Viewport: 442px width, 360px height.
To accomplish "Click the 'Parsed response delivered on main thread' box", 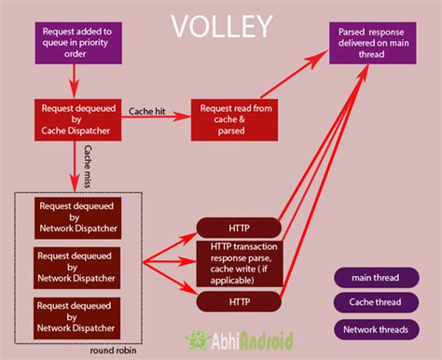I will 372,43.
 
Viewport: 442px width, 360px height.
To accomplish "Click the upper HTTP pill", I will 240,227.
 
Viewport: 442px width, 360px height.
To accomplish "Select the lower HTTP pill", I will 240,301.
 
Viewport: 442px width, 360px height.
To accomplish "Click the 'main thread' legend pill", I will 377,278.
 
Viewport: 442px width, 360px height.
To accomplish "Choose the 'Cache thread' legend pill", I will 377,303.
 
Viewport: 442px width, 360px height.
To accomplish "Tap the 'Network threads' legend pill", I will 377,329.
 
